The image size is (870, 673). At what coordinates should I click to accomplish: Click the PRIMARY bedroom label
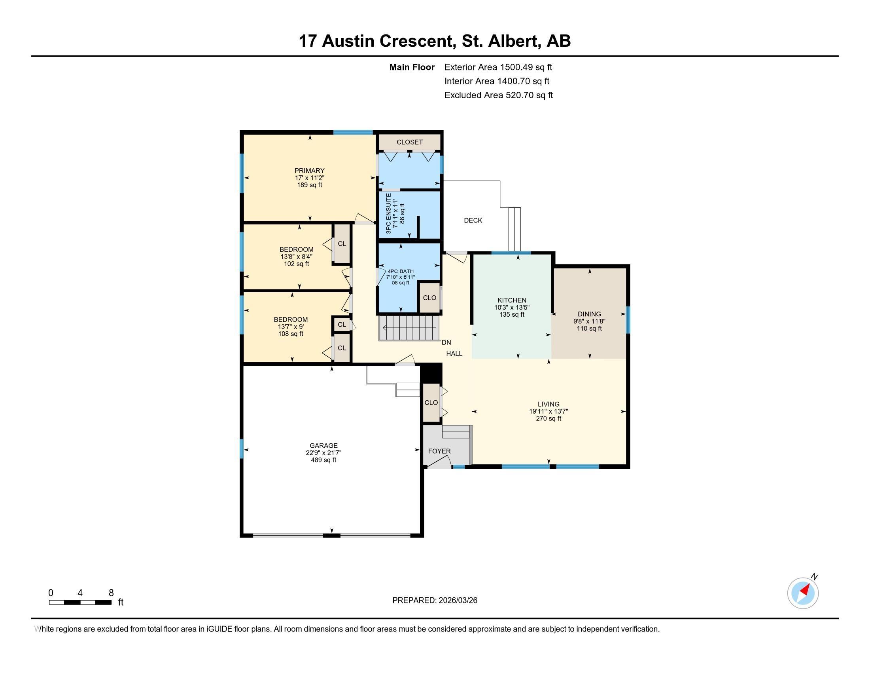310,171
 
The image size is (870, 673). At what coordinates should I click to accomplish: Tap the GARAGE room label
323,445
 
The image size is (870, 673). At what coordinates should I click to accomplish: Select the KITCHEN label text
512,300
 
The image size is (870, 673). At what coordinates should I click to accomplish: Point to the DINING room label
589,314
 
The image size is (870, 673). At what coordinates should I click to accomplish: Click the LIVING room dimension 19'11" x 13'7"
548,411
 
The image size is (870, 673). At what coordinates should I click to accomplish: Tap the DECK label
473,220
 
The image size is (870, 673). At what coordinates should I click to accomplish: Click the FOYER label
439,451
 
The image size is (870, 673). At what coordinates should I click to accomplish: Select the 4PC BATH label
400,271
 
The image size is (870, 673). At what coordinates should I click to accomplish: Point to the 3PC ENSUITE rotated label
388,213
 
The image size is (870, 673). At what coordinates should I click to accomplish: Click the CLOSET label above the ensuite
410,142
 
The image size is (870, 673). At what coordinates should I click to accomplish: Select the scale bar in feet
80,602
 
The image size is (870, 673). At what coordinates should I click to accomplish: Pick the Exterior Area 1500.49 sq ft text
498,67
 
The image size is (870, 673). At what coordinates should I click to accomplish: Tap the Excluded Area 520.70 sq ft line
498,95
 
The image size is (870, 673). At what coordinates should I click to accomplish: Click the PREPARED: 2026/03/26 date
435,600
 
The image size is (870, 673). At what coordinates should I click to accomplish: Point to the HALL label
454,353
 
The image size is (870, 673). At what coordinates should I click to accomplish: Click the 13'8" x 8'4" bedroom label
296,257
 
